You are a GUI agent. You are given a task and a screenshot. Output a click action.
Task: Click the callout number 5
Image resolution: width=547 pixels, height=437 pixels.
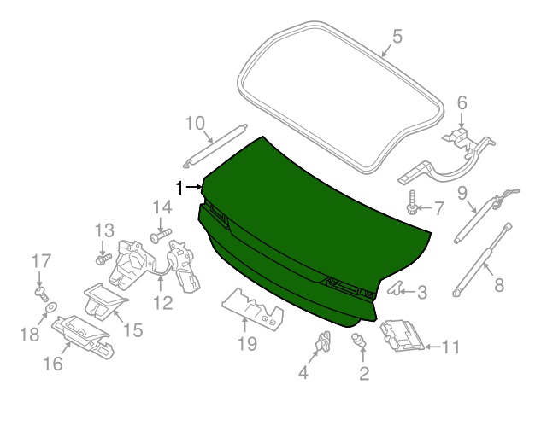tap(397, 36)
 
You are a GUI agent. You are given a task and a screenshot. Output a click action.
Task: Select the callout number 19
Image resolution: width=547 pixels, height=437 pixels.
tap(247, 344)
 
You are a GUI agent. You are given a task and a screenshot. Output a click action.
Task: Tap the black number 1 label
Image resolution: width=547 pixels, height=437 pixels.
tap(179, 188)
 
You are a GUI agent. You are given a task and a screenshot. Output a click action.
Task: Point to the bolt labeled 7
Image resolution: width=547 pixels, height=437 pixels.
tap(412, 202)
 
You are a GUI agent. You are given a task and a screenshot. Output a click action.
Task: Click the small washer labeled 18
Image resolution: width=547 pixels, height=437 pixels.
tap(51, 307)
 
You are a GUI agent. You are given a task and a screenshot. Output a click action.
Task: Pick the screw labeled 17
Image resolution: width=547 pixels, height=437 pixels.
tap(42, 294)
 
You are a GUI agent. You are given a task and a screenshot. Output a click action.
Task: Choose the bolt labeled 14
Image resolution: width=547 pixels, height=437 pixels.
tap(161, 235)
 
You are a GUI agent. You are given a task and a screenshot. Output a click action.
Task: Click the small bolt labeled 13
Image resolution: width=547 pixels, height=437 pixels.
tap(103, 259)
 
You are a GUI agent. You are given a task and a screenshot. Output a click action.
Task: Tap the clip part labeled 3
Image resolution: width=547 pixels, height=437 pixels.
tap(395, 288)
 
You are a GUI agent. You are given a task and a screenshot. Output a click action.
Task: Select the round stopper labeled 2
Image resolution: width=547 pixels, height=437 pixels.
tap(359, 341)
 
